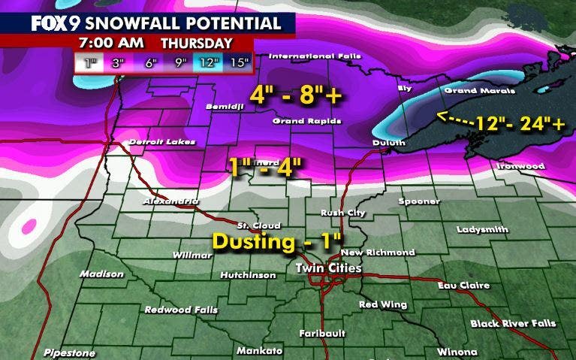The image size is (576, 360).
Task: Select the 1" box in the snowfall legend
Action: pyautogui.click(x=90, y=63)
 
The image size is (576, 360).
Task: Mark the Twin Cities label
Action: pyautogui.click(x=328, y=268)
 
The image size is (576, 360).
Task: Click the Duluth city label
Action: pyautogui.click(x=388, y=142)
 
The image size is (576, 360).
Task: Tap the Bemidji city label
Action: pyautogui.click(x=225, y=107)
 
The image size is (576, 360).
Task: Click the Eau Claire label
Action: pyautogui.click(x=465, y=285)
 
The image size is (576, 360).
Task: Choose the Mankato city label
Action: pyautogui.click(x=259, y=350)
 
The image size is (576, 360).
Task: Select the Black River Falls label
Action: pyautogui.click(x=513, y=323)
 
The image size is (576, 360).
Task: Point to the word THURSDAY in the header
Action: pyautogui.click(x=196, y=44)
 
